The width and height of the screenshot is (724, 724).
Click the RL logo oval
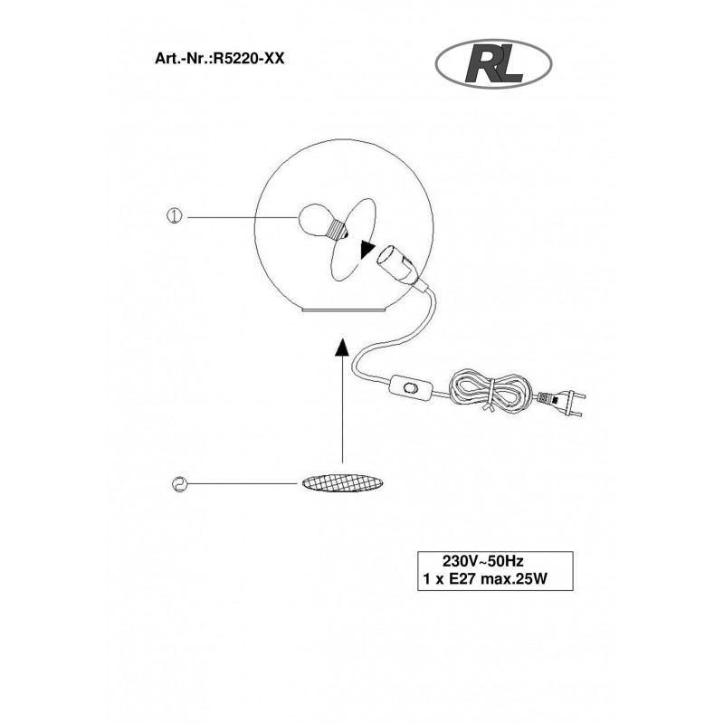click(x=493, y=63)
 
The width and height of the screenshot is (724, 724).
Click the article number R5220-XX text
click(x=247, y=59)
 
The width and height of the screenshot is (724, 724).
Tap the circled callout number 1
click(x=174, y=216)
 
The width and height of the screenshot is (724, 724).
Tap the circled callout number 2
click(x=179, y=484)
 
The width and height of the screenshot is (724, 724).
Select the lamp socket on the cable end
click(x=399, y=266)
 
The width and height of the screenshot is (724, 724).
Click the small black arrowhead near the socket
click(x=367, y=251)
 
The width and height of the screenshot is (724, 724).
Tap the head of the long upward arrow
click(x=342, y=348)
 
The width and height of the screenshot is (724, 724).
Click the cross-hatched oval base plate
click(x=342, y=483)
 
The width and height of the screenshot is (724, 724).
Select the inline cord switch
click(x=411, y=386)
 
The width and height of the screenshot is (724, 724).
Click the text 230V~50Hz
click(x=483, y=561)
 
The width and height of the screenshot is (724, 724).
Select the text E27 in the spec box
click(x=462, y=579)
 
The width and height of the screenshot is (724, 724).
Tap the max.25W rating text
click(x=514, y=579)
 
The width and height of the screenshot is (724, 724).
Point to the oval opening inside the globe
click(x=353, y=240)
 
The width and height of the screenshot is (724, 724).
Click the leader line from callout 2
click(x=243, y=483)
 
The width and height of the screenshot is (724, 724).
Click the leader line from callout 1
click(x=242, y=216)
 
